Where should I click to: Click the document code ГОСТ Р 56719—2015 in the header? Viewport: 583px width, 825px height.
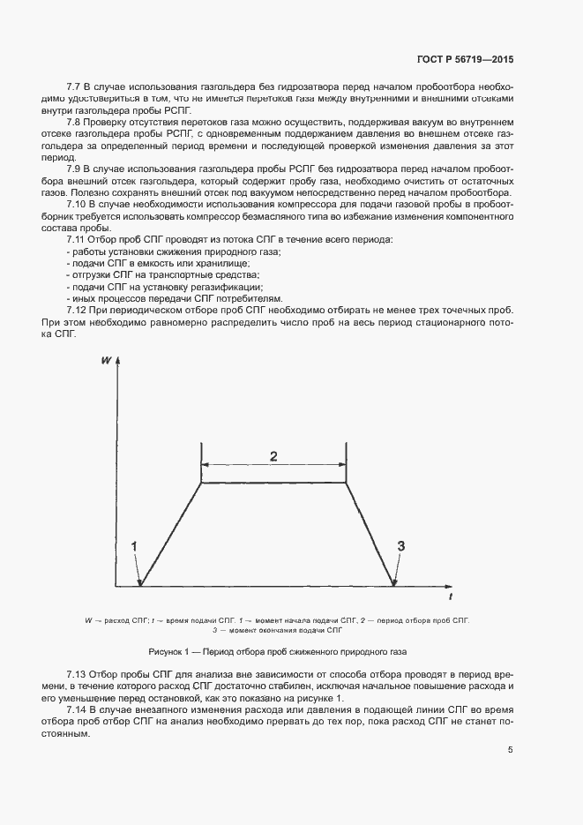(x=465, y=60)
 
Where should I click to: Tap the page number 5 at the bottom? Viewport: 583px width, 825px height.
(x=510, y=751)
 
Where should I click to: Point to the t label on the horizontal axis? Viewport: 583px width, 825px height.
(x=450, y=597)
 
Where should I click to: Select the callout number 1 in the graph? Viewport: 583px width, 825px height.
(x=135, y=546)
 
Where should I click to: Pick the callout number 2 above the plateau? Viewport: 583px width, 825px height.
(x=273, y=456)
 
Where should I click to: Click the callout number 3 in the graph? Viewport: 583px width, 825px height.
(x=400, y=546)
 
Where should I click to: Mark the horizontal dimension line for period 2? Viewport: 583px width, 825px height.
(x=273, y=467)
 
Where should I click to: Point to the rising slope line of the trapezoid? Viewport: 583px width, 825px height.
(x=171, y=533)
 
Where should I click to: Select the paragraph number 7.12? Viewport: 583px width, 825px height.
(x=78, y=311)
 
